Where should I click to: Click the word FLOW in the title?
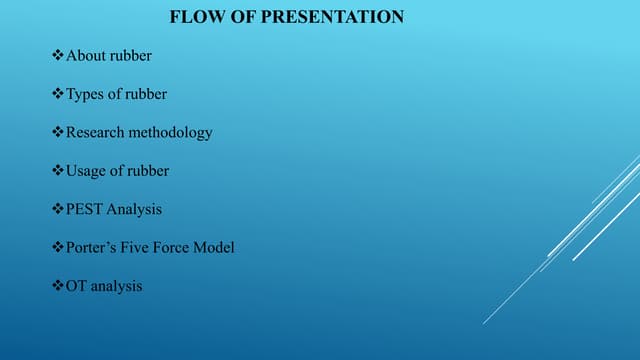point(192,17)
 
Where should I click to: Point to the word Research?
point(97,132)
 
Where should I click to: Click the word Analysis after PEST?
point(136,209)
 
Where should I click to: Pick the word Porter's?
point(92,247)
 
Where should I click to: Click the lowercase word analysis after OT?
point(117,286)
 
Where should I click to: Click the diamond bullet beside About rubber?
point(57,55)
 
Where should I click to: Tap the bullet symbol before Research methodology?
point(57,132)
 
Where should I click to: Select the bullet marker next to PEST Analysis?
point(57,209)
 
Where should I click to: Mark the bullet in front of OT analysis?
point(57,286)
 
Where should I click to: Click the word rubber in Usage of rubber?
point(149,171)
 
